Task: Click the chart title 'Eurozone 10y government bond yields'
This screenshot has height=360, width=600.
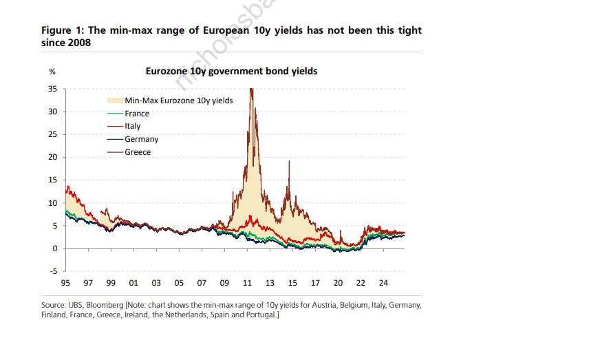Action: [231, 71]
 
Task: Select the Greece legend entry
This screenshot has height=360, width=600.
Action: [138, 152]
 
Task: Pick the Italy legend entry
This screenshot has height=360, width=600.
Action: [133, 126]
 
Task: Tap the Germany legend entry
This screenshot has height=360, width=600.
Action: [142, 139]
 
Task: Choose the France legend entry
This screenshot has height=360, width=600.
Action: [137, 114]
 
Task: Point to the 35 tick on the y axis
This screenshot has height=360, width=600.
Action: [52, 89]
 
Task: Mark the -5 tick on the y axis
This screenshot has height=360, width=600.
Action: [52, 271]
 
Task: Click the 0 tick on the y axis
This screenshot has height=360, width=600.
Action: [54, 248]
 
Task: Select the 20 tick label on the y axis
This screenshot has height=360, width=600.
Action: [52, 157]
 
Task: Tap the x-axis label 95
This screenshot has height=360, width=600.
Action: [65, 283]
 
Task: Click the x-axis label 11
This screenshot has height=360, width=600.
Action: [247, 283]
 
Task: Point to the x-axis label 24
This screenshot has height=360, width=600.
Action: [383, 283]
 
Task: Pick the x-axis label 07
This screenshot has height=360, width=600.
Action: [202, 283]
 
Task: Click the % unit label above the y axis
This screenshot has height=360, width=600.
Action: [52, 72]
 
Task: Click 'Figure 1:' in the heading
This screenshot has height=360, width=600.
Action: [63, 31]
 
